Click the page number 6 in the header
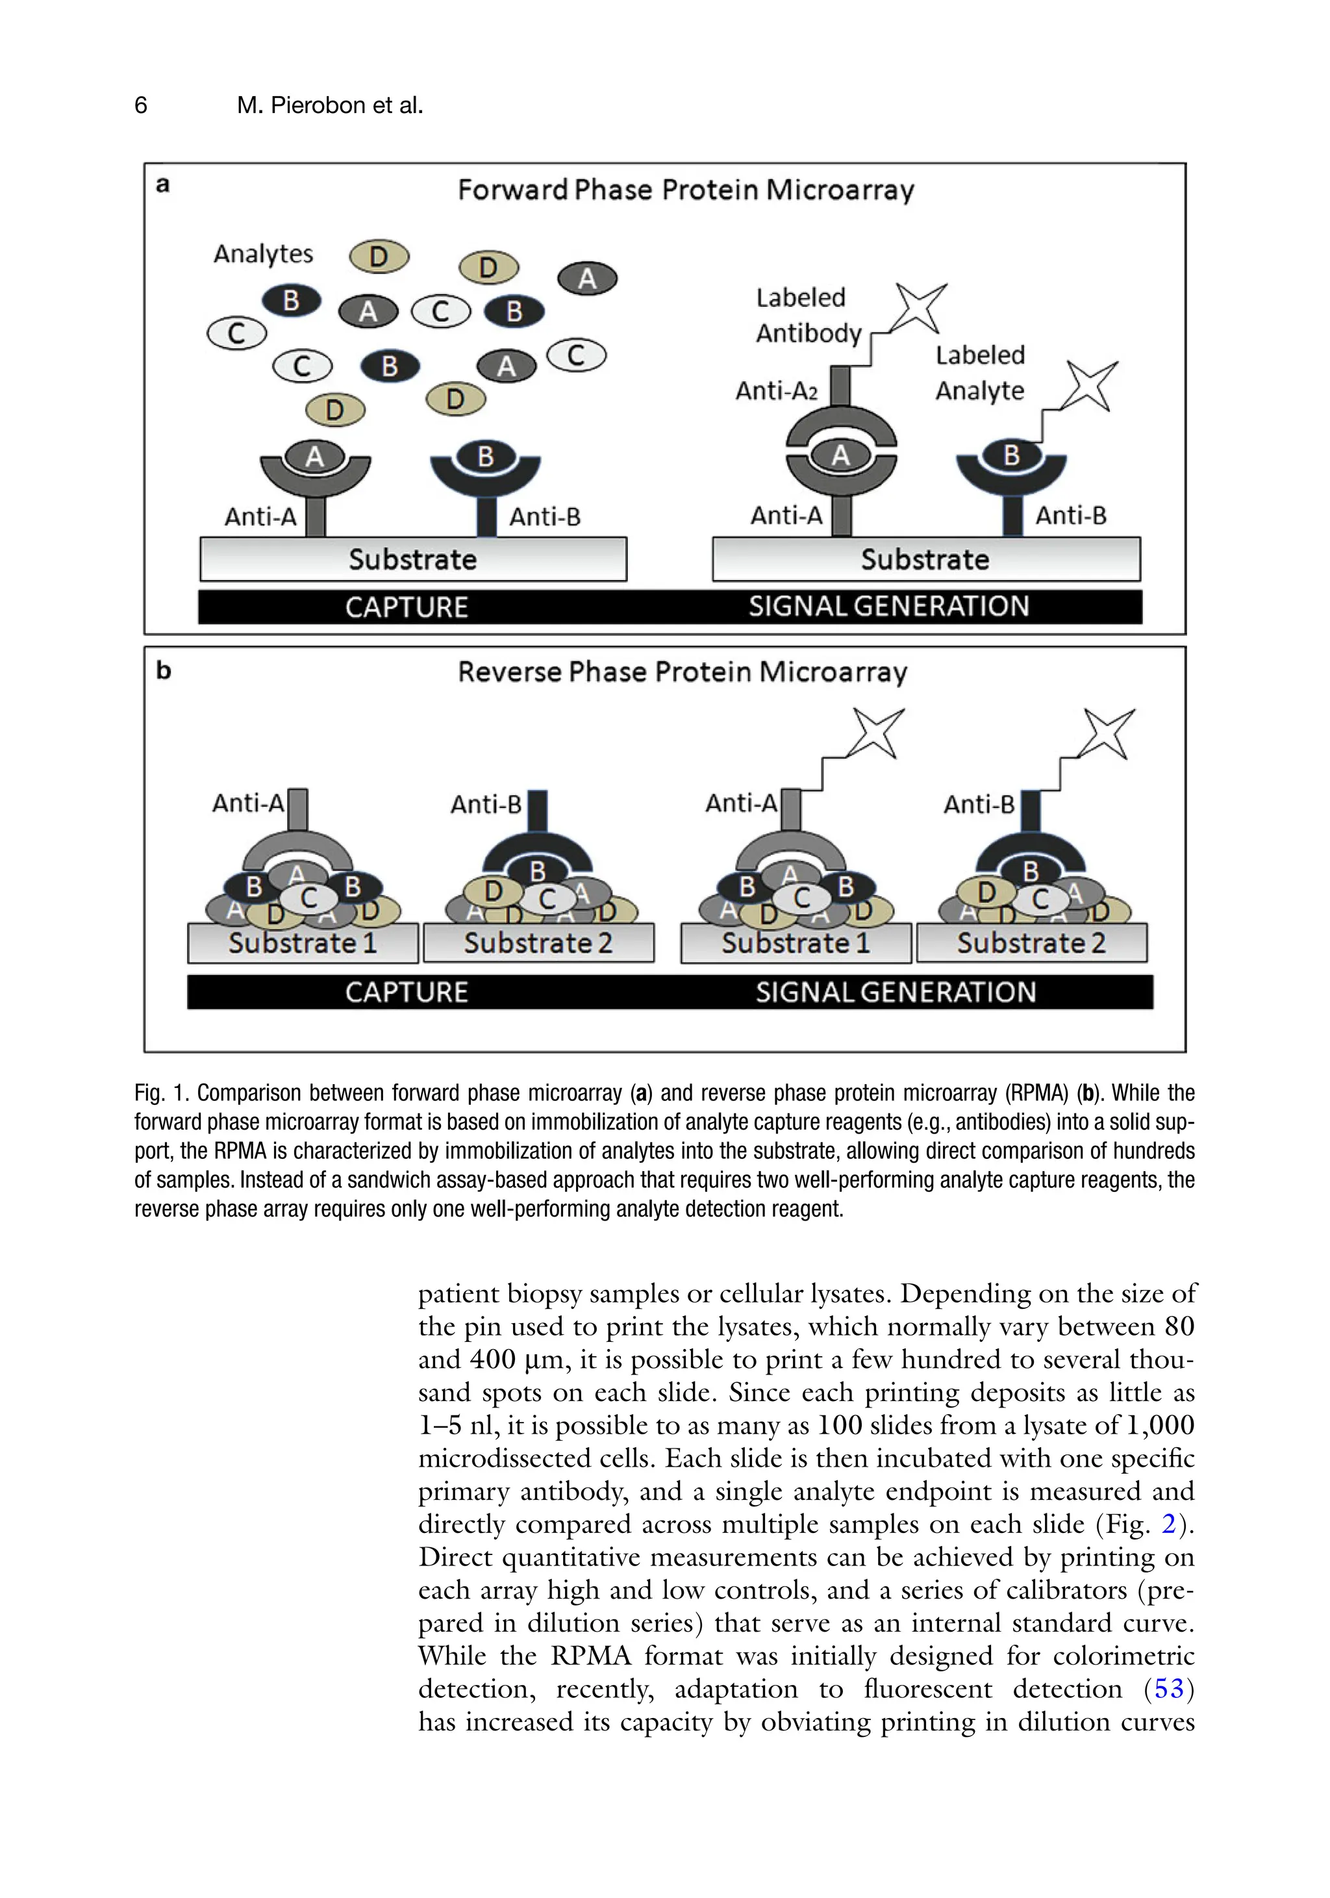pos(140,105)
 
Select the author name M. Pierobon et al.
pos(329,105)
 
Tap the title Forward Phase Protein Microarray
pos(685,190)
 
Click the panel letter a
pos(163,184)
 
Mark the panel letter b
pos(164,670)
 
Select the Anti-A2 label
pos(776,390)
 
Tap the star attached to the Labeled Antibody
pos(920,307)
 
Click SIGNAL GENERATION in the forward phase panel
pos(888,607)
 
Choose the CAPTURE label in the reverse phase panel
pos(406,992)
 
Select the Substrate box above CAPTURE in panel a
pos(412,560)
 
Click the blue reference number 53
pos(1168,1688)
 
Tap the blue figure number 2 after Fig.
pos(1168,1523)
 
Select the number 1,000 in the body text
pos(1161,1424)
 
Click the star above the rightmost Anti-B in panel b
pos(1109,733)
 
